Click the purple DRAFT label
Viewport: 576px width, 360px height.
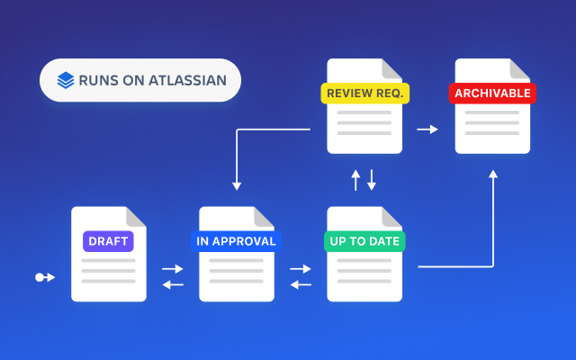(109, 241)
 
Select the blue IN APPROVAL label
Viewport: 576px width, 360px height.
(237, 241)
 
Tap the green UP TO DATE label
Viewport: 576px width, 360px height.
(364, 241)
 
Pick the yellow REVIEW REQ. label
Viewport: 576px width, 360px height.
(364, 93)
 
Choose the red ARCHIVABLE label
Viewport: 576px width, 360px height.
(492, 93)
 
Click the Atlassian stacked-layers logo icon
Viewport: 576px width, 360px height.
(66, 79)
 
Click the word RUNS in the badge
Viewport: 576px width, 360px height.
(97, 79)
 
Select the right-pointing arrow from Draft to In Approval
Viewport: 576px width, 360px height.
(172, 269)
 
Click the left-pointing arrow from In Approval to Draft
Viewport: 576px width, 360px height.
(172, 285)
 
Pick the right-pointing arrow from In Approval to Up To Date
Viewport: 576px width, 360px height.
(300, 269)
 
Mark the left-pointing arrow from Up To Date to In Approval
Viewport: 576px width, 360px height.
(300, 285)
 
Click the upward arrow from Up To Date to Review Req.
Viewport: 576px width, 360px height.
(355, 180)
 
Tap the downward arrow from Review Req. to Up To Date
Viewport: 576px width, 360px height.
(372, 180)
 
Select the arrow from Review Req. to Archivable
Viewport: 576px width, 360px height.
(427, 130)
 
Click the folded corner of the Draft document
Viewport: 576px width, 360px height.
(136, 217)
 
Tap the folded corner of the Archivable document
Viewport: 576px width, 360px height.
(519, 68)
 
